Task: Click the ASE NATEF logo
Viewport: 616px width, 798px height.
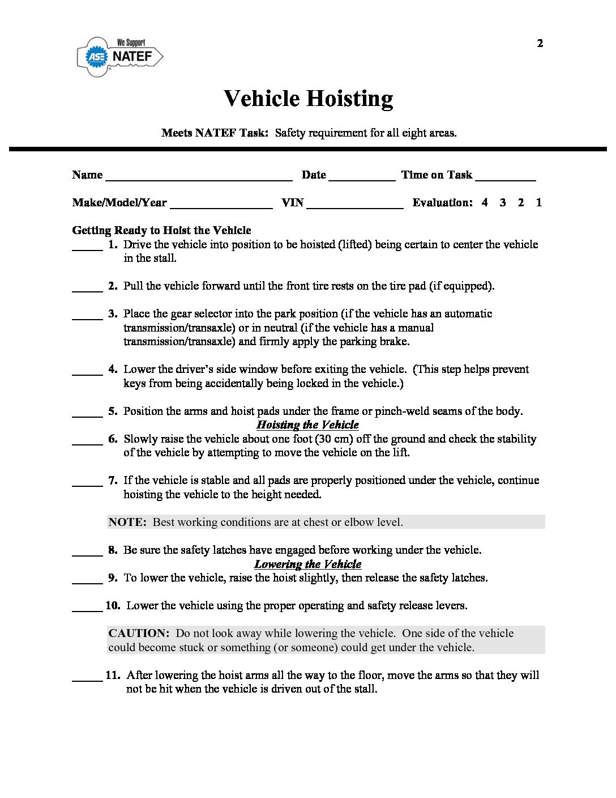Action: click(x=120, y=57)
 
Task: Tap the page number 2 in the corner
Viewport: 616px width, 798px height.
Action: click(x=540, y=44)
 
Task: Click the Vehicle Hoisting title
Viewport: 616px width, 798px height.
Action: click(x=308, y=99)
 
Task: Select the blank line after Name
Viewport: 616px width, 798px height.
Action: click(x=199, y=178)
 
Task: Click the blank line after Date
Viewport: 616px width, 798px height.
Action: click(x=361, y=178)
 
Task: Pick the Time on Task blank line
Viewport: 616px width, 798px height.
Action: click(x=506, y=178)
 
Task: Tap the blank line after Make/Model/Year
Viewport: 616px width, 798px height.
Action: click(x=221, y=206)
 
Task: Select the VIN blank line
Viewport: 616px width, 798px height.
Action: click(x=354, y=206)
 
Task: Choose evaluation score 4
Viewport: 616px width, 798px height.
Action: click(x=485, y=202)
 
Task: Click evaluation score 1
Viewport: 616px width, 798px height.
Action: click(x=539, y=202)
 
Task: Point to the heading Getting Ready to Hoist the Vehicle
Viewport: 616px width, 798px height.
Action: click(x=161, y=231)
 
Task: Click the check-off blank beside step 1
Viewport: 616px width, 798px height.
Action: click(x=87, y=248)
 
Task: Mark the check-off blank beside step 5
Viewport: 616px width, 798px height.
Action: click(x=87, y=415)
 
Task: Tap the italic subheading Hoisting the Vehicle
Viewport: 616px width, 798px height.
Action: click(x=307, y=425)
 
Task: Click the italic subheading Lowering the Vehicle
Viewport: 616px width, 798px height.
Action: click(x=307, y=564)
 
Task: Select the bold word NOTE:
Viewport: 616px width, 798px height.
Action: click(x=127, y=522)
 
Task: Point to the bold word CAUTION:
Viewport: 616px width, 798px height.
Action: click(x=139, y=633)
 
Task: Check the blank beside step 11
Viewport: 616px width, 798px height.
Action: click(x=87, y=679)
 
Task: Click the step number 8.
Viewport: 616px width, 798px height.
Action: click(x=113, y=550)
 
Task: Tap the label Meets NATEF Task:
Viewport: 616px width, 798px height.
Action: click(x=215, y=133)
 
